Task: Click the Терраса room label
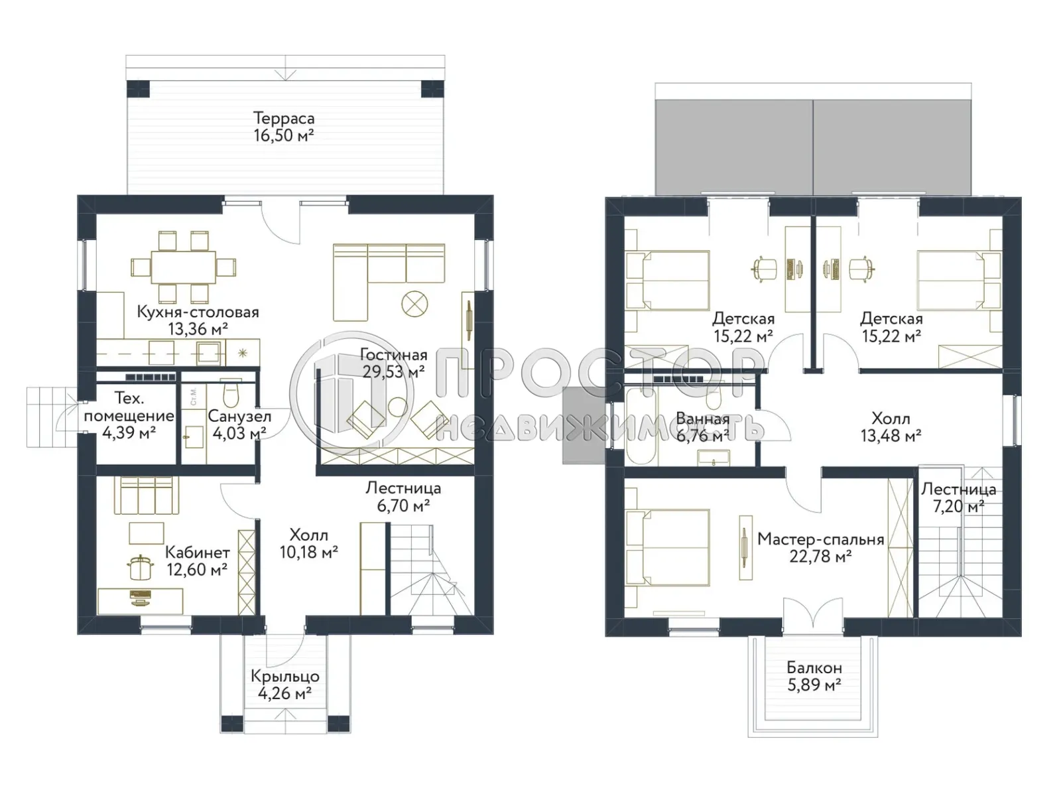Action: (x=283, y=119)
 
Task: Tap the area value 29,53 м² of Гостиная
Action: (x=393, y=372)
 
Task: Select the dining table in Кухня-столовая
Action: (x=183, y=267)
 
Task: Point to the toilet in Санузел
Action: (x=230, y=395)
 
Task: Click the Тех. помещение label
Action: (x=129, y=407)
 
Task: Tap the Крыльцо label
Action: (x=284, y=677)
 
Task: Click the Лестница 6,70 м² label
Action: (x=403, y=497)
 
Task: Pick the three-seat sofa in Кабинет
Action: (x=147, y=495)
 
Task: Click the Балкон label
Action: (x=814, y=668)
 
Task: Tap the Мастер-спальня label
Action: (x=820, y=539)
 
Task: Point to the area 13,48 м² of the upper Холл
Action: (x=890, y=436)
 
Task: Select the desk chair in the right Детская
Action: (x=860, y=268)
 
